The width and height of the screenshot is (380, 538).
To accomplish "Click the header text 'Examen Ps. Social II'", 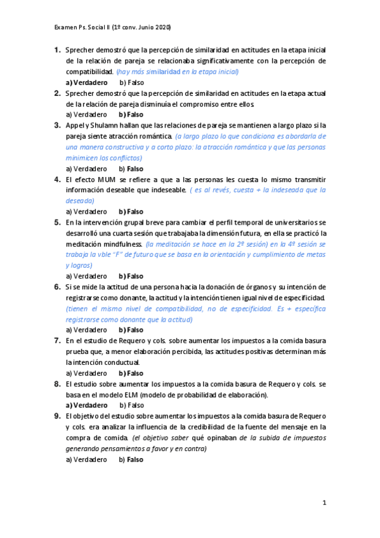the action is pos(82,28).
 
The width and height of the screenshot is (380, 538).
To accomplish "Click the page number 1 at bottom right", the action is pos(324,503).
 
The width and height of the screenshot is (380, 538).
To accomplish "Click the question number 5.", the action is pos(57,223).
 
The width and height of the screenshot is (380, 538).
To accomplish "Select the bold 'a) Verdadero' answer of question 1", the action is pos(86,82).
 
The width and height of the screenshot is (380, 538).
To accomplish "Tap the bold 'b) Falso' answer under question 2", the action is pos(131,115).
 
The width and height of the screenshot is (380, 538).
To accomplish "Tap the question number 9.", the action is pos(57,416).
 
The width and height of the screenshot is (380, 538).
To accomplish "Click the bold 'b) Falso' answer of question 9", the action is pos(131,459).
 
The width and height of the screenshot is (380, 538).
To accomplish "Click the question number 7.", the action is pos(57,341).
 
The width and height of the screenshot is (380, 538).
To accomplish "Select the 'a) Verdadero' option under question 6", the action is pos(86,330).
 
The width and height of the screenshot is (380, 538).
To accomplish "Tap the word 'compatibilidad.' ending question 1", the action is pos(89,72).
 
